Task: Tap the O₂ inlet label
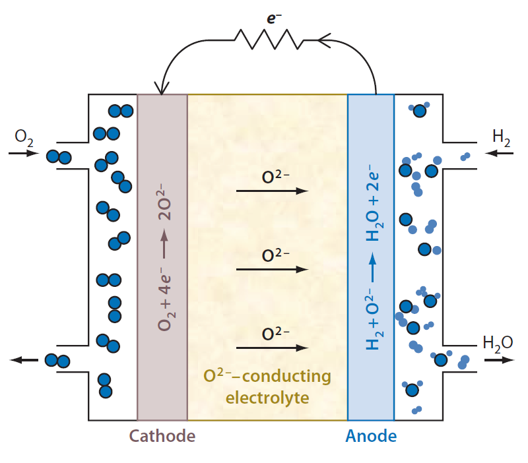[x=23, y=137]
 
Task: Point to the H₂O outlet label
[x=498, y=342]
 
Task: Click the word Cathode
[x=162, y=436]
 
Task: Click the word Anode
[x=372, y=436]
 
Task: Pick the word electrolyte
[x=267, y=398]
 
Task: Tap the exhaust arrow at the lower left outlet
[x=24, y=360]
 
